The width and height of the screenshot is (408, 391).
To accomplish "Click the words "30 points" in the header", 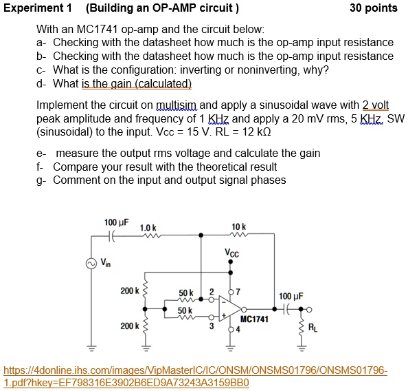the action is point(373,8).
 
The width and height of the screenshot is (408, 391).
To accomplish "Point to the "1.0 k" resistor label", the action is point(148,228).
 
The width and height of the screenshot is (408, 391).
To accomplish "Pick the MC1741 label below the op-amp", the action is point(254,320).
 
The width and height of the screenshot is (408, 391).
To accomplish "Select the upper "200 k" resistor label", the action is point(128,291).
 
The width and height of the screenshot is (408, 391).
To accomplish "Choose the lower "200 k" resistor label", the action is point(128,325).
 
